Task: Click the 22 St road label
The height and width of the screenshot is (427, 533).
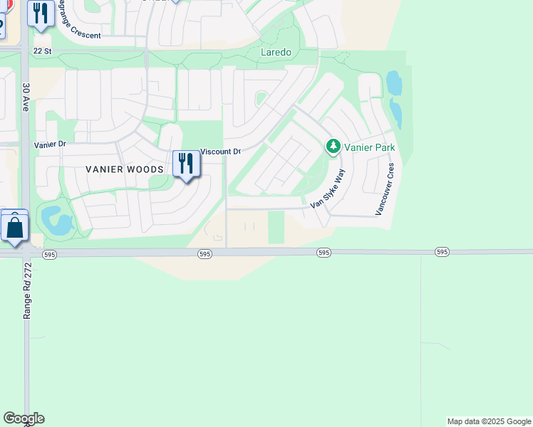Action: point(43,51)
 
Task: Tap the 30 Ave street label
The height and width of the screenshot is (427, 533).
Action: point(25,97)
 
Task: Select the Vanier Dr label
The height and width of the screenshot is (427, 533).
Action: point(49,144)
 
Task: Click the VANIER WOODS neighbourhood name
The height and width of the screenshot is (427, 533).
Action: point(125,169)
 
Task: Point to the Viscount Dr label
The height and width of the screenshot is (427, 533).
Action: point(221,152)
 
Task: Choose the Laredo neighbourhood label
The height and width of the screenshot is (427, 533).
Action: point(276,52)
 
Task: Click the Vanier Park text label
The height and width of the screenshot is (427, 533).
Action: point(369,147)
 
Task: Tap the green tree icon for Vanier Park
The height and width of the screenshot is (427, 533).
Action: point(333,147)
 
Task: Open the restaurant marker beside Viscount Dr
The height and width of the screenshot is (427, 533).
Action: point(185,164)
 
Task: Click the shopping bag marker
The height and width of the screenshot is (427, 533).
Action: point(14,228)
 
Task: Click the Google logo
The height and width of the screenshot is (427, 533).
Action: point(24,418)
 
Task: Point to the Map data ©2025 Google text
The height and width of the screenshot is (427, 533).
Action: point(489,421)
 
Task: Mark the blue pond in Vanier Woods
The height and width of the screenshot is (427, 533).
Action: point(56,221)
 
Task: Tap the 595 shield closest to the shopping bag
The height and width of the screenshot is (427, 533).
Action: point(50,253)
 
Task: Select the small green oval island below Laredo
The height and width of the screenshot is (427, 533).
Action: point(262,98)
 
